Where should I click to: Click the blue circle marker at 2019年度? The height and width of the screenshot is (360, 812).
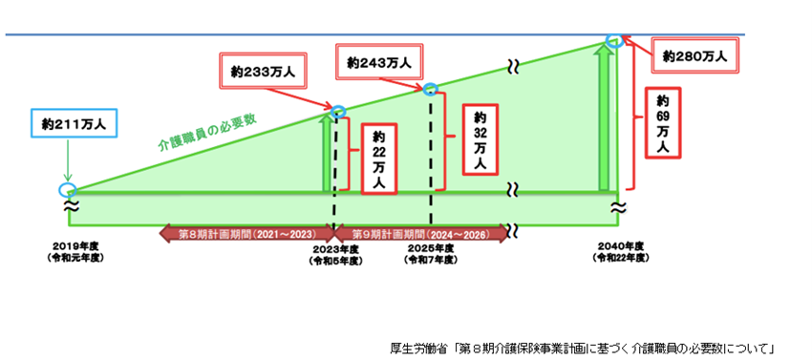pyautogui.click(x=67, y=188)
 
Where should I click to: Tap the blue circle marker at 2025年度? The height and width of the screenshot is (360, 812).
pyautogui.click(x=430, y=89)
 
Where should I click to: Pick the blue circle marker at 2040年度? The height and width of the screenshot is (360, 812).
pyautogui.click(x=614, y=41)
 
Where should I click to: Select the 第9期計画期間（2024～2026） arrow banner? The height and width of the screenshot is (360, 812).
pyautogui.click(x=421, y=233)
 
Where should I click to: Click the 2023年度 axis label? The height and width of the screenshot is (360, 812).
pyautogui.click(x=335, y=255)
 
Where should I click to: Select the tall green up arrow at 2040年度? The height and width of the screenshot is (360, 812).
pyautogui.click(x=604, y=119)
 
